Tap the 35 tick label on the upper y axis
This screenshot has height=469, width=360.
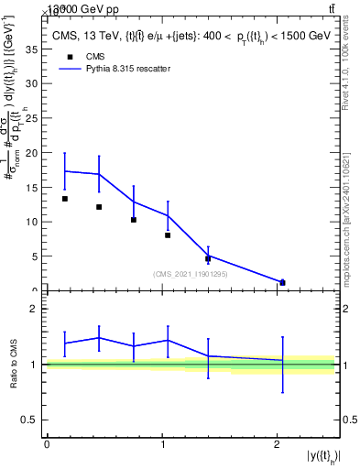click(x=31, y=49)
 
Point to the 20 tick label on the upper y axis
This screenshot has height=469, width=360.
click(x=31, y=153)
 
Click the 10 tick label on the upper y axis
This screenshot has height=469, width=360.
click(x=31, y=222)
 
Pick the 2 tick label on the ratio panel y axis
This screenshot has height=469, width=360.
click(x=34, y=309)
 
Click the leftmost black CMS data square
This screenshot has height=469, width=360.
click(x=65, y=199)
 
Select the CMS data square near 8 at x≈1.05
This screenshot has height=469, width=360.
click(x=168, y=235)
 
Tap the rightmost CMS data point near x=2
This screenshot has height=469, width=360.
click(x=282, y=282)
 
